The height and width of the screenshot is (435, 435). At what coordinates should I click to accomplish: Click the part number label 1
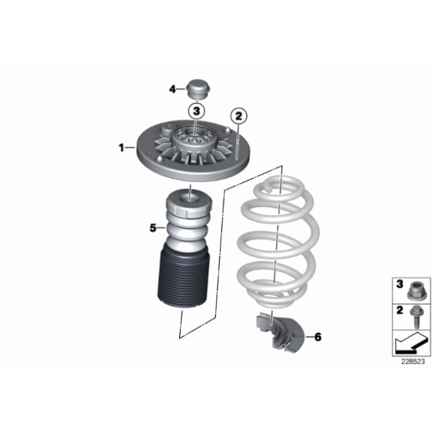click(x=121, y=148)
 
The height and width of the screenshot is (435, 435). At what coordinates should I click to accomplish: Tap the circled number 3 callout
click(x=196, y=111)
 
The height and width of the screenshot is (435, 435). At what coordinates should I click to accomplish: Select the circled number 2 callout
click(x=238, y=116)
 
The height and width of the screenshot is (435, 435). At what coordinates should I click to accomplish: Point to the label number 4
click(x=172, y=89)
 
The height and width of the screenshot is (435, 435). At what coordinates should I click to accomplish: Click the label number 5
click(x=153, y=228)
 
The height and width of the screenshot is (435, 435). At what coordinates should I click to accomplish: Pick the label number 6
click(x=318, y=337)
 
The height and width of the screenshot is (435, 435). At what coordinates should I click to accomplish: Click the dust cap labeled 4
click(x=198, y=88)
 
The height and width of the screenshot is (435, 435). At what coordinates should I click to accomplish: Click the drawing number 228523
click(x=412, y=361)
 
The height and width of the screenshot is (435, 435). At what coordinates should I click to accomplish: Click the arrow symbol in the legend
click(x=411, y=343)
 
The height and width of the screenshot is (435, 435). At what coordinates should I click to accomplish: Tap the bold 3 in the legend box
click(x=400, y=284)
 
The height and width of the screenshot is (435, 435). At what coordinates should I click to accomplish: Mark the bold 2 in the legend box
click(x=400, y=310)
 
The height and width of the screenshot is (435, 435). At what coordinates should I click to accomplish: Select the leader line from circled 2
click(x=238, y=142)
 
